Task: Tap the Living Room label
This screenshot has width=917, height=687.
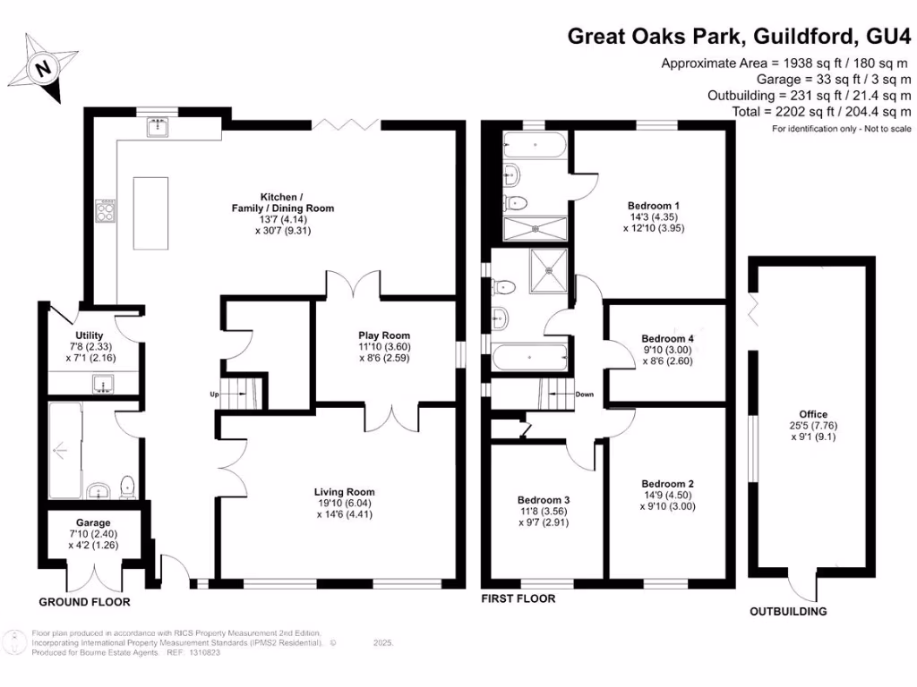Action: (x=344, y=492)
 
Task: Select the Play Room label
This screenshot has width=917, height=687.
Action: (x=384, y=336)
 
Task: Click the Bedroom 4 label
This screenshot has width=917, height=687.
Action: (x=667, y=338)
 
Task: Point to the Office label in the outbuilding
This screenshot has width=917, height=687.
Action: (x=813, y=414)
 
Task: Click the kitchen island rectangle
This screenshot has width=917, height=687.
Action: (x=150, y=213)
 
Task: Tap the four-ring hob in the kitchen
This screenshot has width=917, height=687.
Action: (x=105, y=213)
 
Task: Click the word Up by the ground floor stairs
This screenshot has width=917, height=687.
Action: (x=213, y=394)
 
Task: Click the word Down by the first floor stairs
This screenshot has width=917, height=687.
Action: (x=585, y=394)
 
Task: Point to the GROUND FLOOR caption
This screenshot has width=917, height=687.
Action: (x=84, y=602)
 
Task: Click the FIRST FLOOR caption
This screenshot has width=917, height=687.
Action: (x=518, y=599)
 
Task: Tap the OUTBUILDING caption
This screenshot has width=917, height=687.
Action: (x=788, y=612)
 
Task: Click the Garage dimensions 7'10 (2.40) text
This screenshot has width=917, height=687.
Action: (x=93, y=535)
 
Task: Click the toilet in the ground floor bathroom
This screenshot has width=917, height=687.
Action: (x=127, y=486)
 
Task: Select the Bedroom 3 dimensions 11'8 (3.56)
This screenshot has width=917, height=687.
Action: (x=544, y=513)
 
